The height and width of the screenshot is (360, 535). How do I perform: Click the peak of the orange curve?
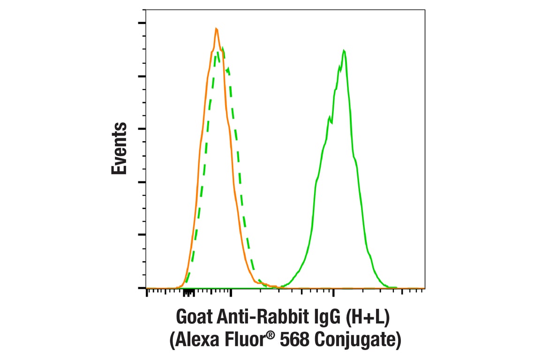[216, 29]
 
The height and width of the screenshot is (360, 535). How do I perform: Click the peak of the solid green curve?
[344, 50]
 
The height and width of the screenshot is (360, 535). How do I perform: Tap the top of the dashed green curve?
[223, 48]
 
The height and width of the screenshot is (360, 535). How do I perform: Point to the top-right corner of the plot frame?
[425, 9]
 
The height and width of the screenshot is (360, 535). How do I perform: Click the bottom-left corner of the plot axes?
[146, 288]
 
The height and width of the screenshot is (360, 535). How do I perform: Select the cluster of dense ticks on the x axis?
[188, 293]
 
